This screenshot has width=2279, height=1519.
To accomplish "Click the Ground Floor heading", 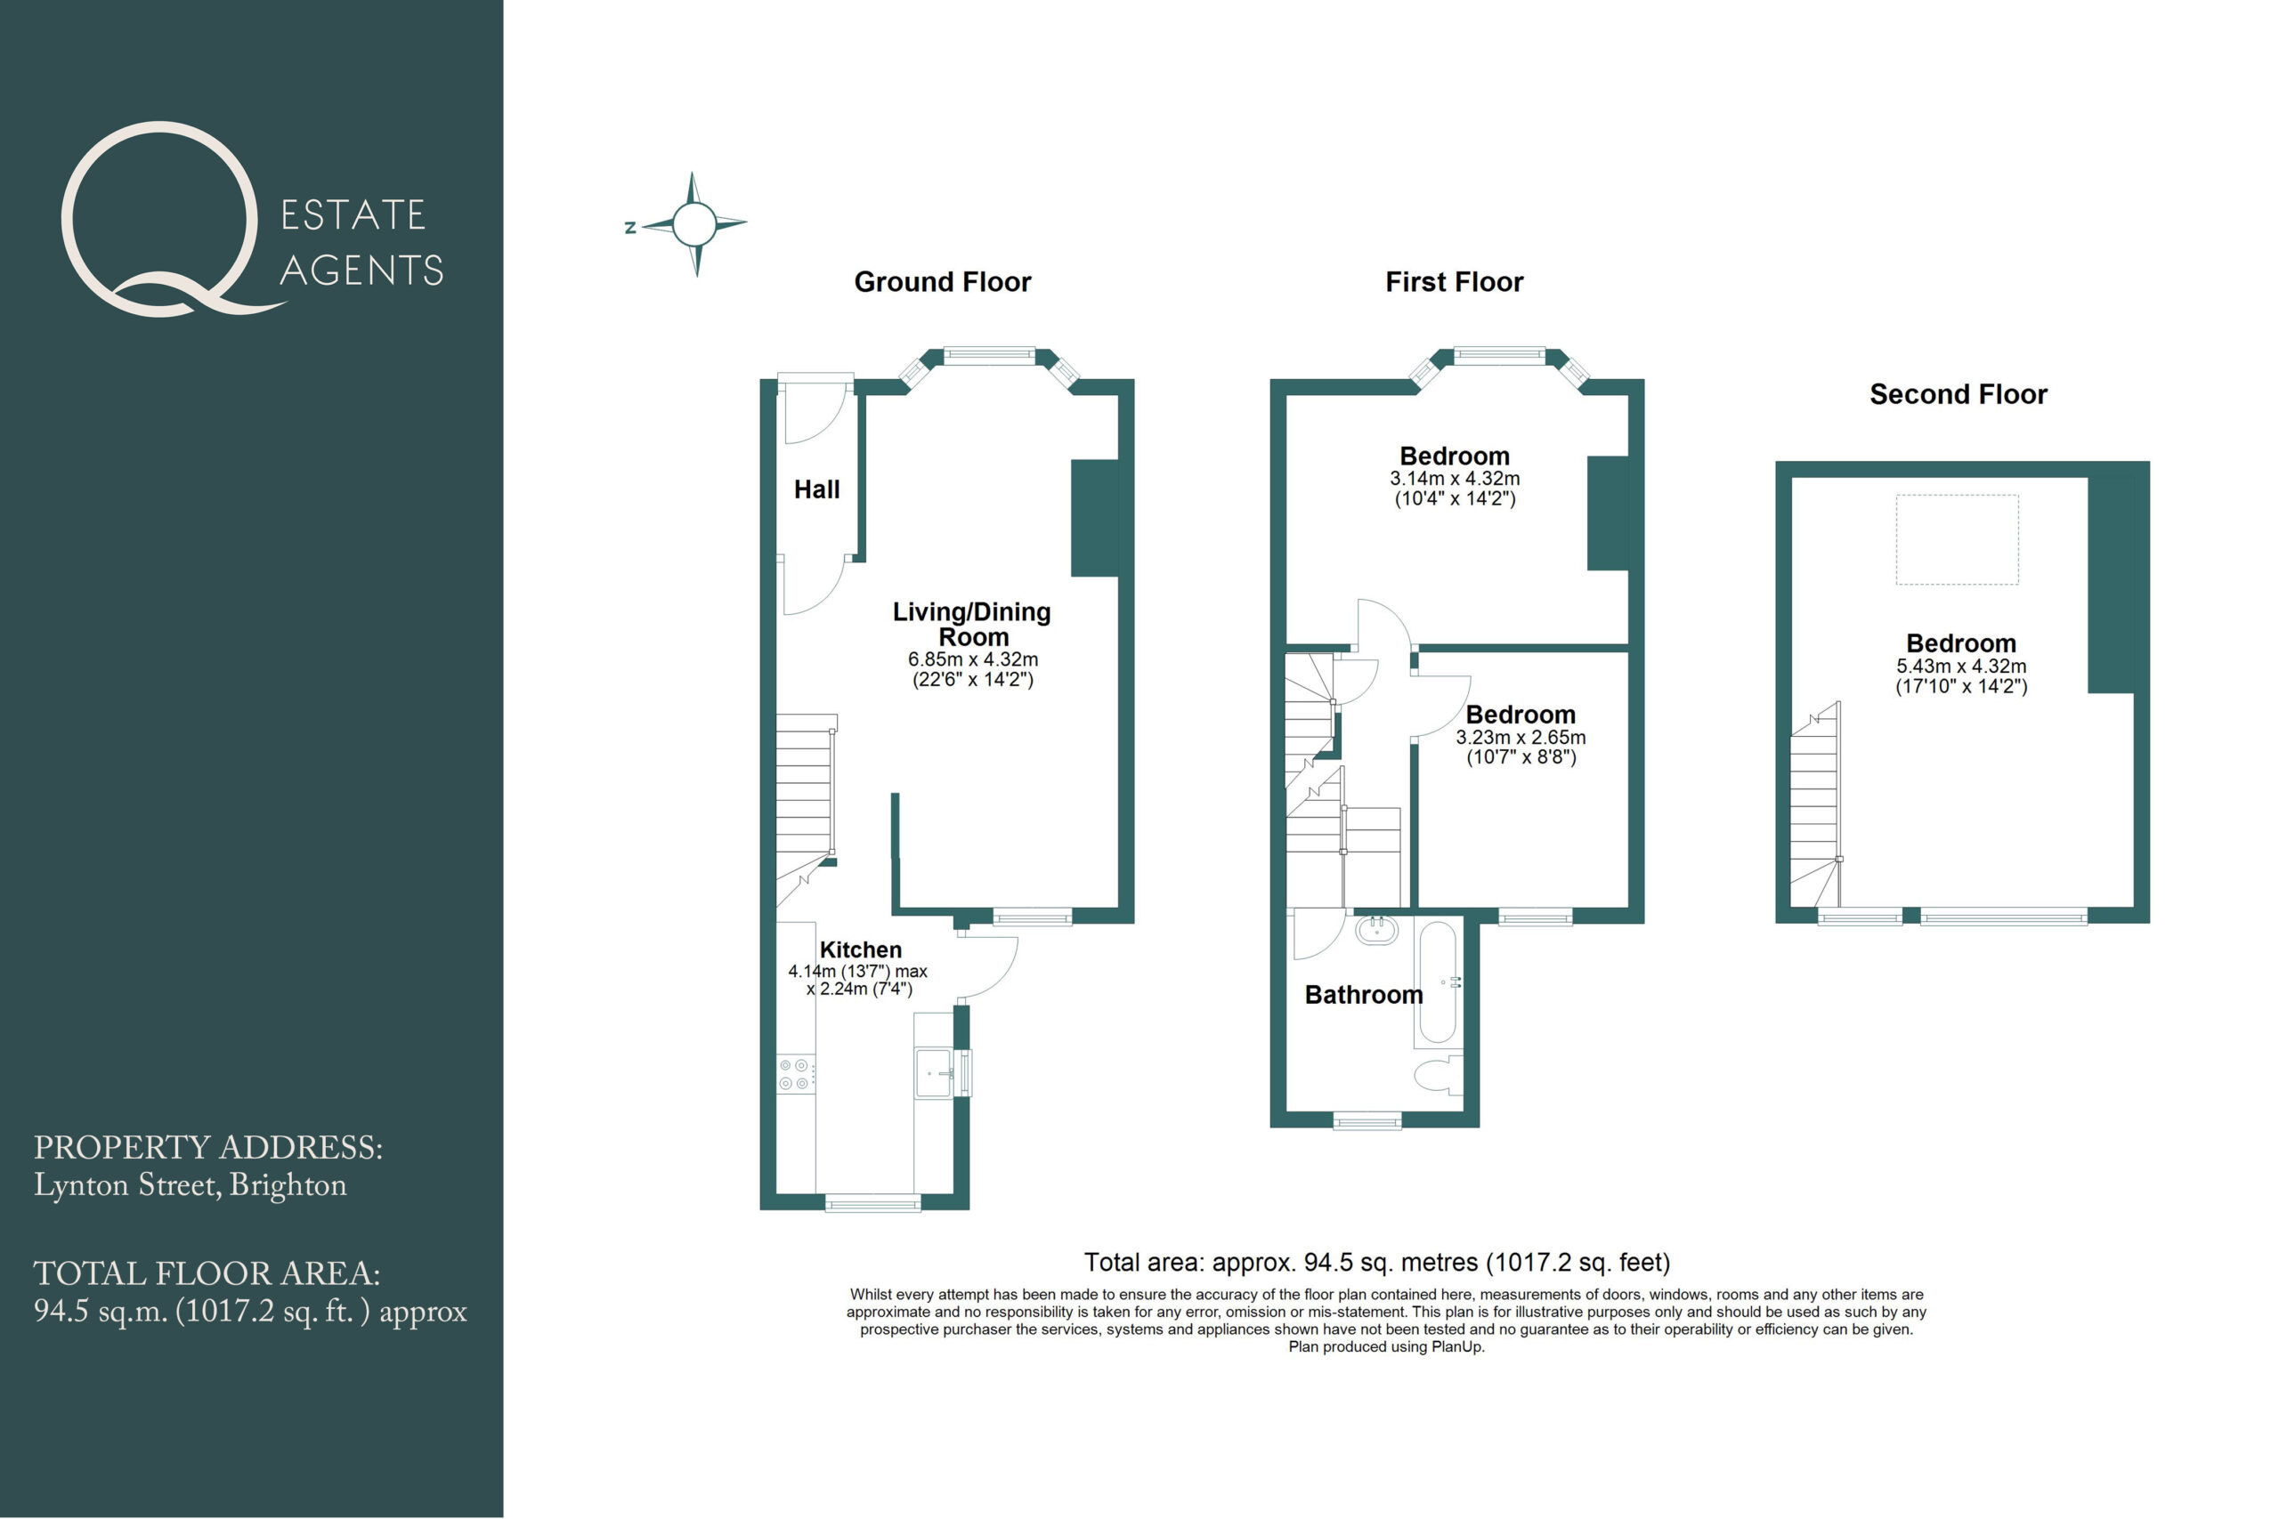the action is pyautogui.click(x=942, y=282).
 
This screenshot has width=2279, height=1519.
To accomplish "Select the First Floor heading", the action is pyautogui.click(x=1454, y=282).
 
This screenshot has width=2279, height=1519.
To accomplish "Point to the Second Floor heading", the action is pyautogui.click(x=1959, y=394).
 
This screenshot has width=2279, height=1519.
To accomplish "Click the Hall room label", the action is pyautogui.click(x=817, y=489).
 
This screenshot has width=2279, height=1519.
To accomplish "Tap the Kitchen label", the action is pyautogui.click(x=861, y=949).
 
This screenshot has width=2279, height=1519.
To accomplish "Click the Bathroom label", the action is pyautogui.click(x=1363, y=995).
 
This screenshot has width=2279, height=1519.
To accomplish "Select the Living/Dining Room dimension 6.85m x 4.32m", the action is pyautogui.click(x=973, y=659).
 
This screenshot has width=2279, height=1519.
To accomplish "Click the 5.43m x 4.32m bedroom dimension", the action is pyautogui.click(x=1961, y=666).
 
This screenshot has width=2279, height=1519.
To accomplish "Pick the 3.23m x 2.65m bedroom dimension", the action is pyautogui.click(x=1521, y=737).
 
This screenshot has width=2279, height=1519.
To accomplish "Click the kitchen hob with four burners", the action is pyautogui.click(x=796, y=1074).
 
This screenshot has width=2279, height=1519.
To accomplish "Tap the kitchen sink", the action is pyautogui.click(x=935, y=1073).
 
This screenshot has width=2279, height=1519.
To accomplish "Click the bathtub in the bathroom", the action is pyautogui.click(x=1436, y=984).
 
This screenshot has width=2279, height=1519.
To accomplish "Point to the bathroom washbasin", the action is pyautogui.click(x=1376, y=931).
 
